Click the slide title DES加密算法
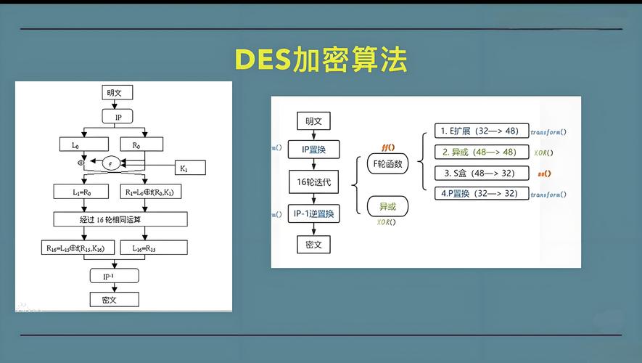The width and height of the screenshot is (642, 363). tap(321, 60)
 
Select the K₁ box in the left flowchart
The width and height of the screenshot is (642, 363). tap(190, 168)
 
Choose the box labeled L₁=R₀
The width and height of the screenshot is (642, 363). tap(81, 192)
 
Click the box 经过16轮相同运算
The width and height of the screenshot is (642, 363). tap(120, 219)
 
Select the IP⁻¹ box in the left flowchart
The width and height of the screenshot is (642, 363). tap(114, 276)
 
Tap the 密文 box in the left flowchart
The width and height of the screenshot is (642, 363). tap(114, 299)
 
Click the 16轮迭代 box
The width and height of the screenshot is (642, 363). tap(313, 181)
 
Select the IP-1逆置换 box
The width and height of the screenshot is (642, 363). tap(313, 213)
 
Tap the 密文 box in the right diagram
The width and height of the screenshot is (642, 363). tap(313, 244)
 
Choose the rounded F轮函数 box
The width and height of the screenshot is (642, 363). tap(387, 164)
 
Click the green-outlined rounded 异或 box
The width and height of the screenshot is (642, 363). tap(387, 207)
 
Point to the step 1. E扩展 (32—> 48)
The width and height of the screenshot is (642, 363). tap(481, 131)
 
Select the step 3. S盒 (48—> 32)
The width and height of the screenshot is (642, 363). tap(481, 173)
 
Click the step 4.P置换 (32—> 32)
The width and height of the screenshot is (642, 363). tap(481, 193)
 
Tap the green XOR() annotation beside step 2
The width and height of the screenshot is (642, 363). tap(543, 152)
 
